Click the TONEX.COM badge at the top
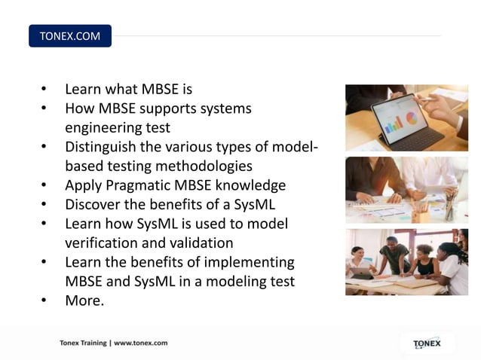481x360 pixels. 69,36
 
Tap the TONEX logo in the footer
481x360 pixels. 427,343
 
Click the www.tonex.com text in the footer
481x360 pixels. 141,343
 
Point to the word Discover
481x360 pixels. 93,204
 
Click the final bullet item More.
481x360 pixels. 84,301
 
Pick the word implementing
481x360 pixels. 247,262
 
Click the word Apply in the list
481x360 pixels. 82,185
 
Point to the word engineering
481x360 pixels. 106,127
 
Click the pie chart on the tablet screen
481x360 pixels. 411,119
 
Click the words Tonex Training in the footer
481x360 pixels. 83,343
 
